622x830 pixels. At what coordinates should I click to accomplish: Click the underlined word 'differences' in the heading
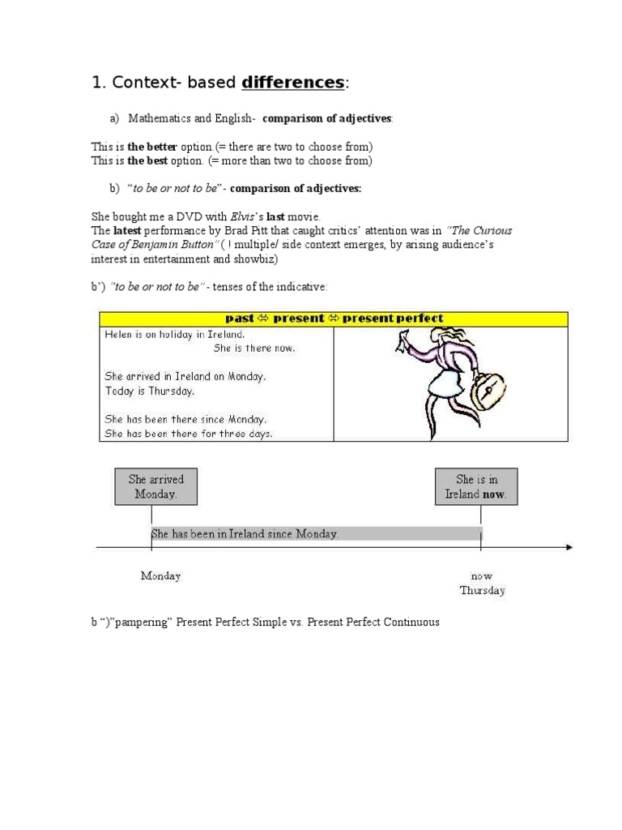[292, 83]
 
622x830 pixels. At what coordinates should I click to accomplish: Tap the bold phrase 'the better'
[152, 147]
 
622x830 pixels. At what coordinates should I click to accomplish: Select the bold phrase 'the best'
[147, 160]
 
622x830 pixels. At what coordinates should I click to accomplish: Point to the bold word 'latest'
[127, 230]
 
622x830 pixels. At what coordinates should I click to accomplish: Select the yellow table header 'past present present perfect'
[333, 319]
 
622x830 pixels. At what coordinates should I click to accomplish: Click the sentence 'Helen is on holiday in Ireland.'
[174, 334]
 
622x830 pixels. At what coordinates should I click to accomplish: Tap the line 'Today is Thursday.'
[150, 391]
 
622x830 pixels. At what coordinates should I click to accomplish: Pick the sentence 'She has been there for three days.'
[189, 434]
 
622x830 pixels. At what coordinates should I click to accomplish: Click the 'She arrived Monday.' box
[155, 486]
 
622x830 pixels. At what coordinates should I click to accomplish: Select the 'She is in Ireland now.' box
[476, 486]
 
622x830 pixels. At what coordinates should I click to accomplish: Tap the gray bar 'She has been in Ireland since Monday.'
[316, 533]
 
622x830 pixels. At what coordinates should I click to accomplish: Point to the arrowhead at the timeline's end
[569, 547]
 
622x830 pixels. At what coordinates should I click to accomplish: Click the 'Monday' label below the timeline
[160, 576]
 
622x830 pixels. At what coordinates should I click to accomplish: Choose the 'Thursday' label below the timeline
[482, 590]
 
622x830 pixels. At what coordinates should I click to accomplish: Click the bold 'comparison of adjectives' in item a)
[327, 119]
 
